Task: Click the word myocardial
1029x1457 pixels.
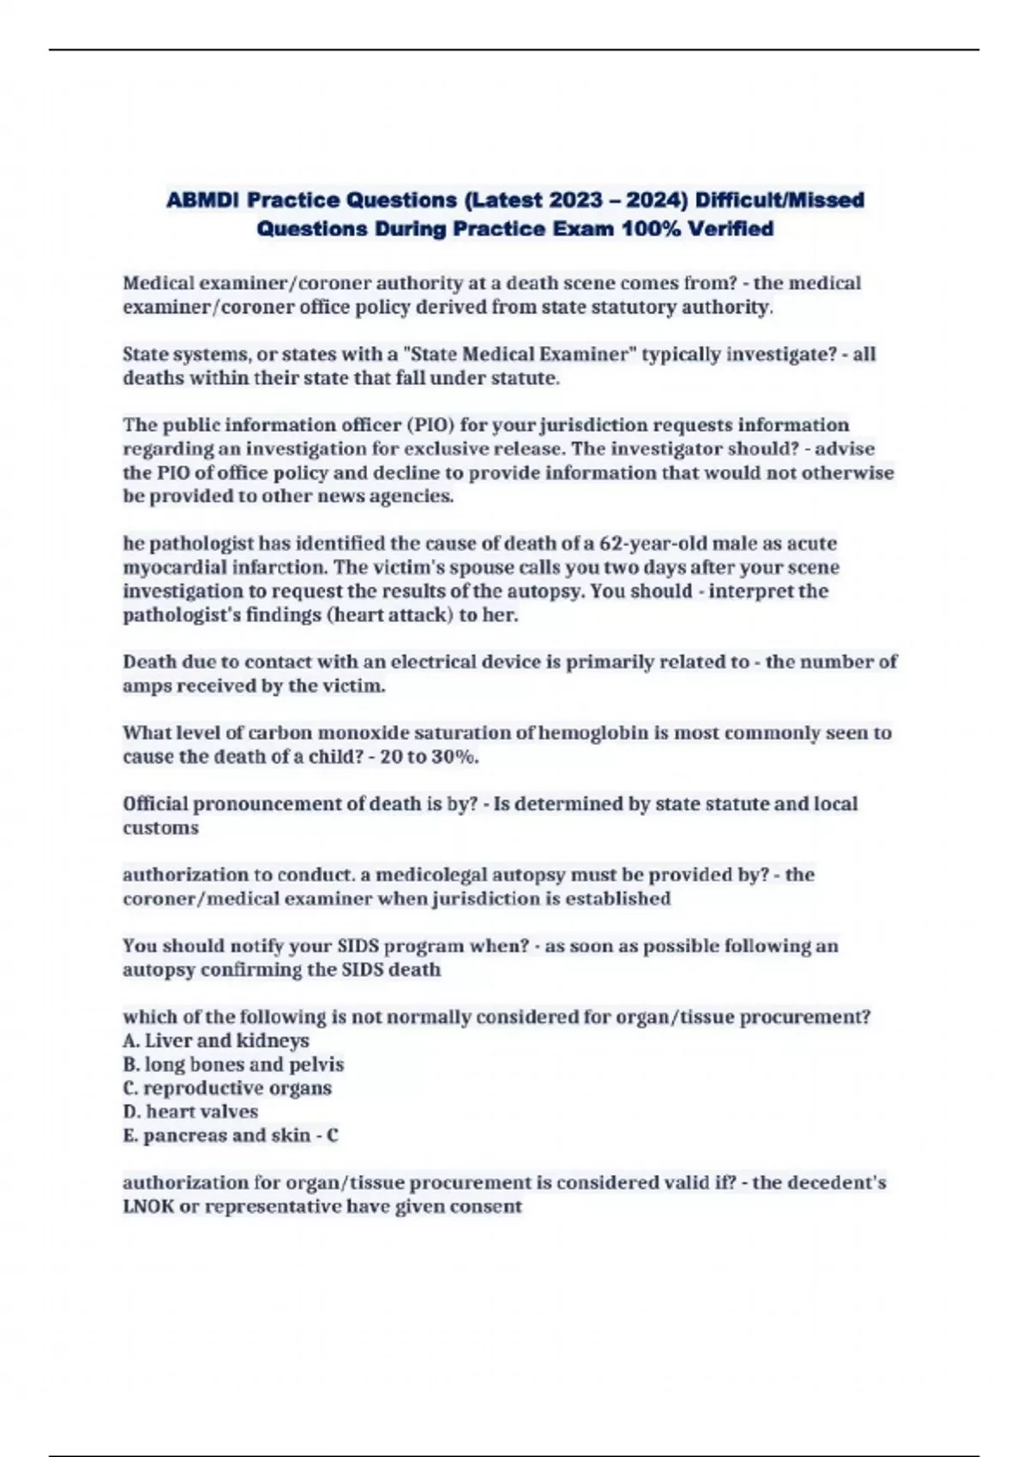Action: (171, 567)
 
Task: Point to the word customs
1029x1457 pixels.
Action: (160, 828)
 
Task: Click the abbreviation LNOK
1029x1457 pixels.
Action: (148, 1207)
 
